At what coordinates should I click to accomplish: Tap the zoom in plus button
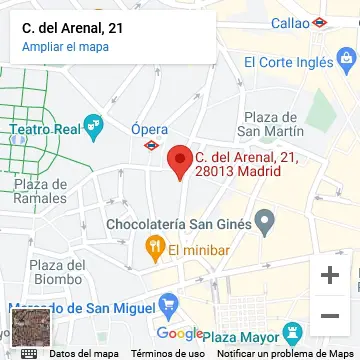tap(329, 274)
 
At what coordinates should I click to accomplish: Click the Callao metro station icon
tap(319, 22)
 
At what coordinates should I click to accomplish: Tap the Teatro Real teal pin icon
tap(95, 127)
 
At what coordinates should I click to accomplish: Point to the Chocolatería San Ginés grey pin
tap(265, 220)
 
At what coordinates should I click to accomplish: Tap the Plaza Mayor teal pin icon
tap(292, 332)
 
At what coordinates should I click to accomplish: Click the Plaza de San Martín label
tap(272, 123)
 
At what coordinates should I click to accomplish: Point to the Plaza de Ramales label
tap(41, 190)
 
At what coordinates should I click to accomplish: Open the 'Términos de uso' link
tap(167, 353)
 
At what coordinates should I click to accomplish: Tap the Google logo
tap(180, 333)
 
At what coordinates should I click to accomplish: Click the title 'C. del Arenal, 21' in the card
tap(73, 28)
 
